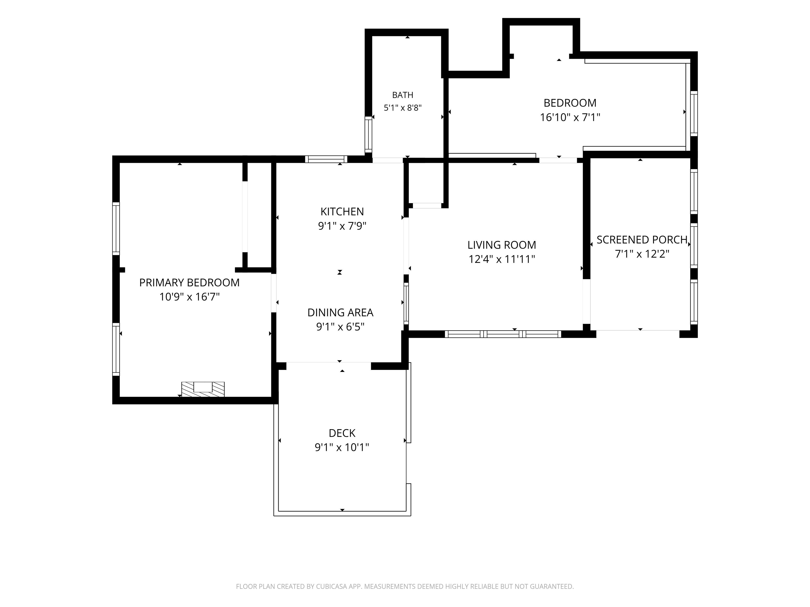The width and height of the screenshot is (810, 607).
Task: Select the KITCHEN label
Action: coord(342,212)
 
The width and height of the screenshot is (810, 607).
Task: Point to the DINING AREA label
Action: coord(340,312)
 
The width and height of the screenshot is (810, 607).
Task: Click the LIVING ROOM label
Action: coord(502,245)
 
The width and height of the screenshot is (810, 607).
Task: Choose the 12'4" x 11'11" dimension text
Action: coord(502,259)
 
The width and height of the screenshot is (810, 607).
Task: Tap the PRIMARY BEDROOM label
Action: coord(189,282)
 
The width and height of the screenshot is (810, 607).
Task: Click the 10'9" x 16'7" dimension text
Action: coord(189,297)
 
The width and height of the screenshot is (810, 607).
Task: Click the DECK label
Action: coord(342,433)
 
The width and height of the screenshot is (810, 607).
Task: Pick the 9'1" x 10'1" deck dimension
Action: coord(342,447)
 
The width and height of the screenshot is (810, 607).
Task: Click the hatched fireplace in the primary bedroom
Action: coord(203,389)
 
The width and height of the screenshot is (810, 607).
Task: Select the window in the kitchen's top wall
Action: coord(326,159)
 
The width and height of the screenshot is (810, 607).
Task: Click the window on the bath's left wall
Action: coord(368,134)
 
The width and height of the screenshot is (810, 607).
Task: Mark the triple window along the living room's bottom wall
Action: coord(503,334)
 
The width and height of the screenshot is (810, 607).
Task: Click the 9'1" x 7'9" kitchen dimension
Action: coord(342,226)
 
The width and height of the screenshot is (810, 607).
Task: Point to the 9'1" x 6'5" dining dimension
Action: coord(340,327)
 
